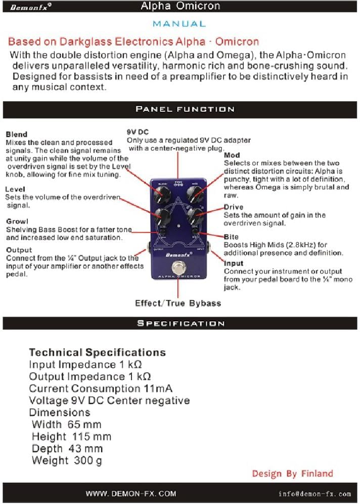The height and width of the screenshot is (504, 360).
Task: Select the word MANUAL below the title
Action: (179, 24)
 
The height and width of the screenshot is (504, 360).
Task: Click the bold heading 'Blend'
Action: (16, 134)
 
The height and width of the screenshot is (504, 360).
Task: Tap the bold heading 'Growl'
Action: (17, 221)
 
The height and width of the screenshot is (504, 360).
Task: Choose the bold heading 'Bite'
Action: (231, 237)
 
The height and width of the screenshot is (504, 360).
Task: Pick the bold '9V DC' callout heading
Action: (138, 132)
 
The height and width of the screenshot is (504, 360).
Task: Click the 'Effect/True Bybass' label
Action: (178, 303)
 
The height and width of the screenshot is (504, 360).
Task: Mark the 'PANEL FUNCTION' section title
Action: (185, 109)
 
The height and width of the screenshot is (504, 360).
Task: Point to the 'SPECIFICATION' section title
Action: (181, 323)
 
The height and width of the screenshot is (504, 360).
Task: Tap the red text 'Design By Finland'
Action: (292, 474)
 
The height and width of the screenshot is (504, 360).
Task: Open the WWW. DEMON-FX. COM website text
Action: (130, 493)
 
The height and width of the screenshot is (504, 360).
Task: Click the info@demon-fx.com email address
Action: (314, 493)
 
